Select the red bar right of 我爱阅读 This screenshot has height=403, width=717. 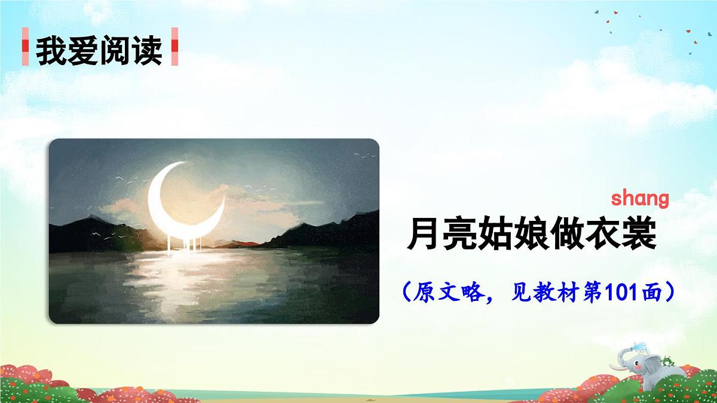tap(174, 47)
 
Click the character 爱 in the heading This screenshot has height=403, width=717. tap(83, 51)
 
